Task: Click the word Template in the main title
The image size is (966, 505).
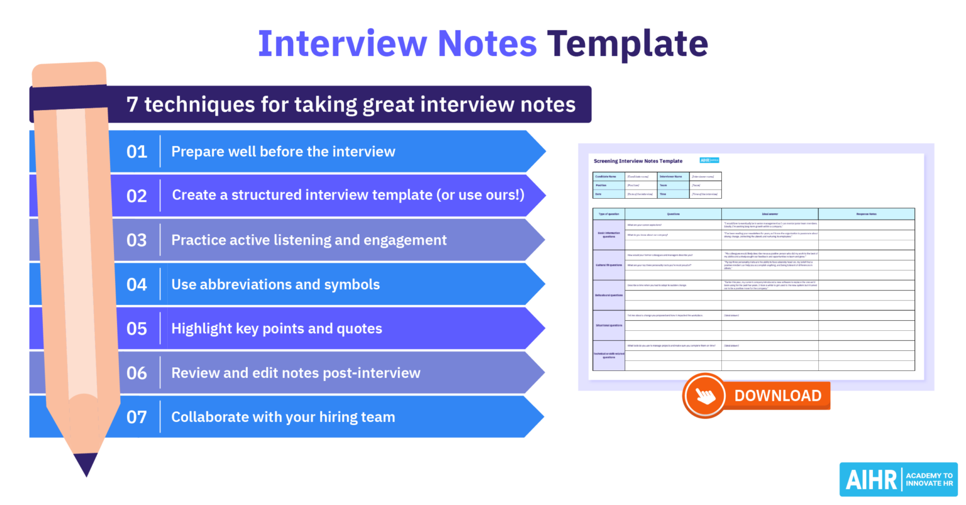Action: coord(627,44)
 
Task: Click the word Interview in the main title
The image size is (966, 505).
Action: coord(342,44)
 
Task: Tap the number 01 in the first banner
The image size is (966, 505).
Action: coord(136,152)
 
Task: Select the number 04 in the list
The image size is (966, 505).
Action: coord(136,284)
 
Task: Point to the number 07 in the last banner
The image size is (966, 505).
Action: coord(136,417)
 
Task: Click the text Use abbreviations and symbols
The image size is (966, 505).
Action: coord(275,284)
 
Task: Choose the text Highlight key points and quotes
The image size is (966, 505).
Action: coord(277,328)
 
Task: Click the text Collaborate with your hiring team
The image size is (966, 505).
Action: coord(283,417)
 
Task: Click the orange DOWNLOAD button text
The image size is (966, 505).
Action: coord(777,396)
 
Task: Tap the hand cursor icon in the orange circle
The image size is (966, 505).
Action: coord(705,396)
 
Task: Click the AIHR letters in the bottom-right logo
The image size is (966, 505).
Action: coord(871,480)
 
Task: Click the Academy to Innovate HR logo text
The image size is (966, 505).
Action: coord(929,480)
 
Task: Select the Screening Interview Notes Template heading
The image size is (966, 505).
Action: coord(638,161)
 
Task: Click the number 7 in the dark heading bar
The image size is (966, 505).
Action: coord(132,104)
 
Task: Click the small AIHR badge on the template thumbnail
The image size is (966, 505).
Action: coord(709,160)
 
